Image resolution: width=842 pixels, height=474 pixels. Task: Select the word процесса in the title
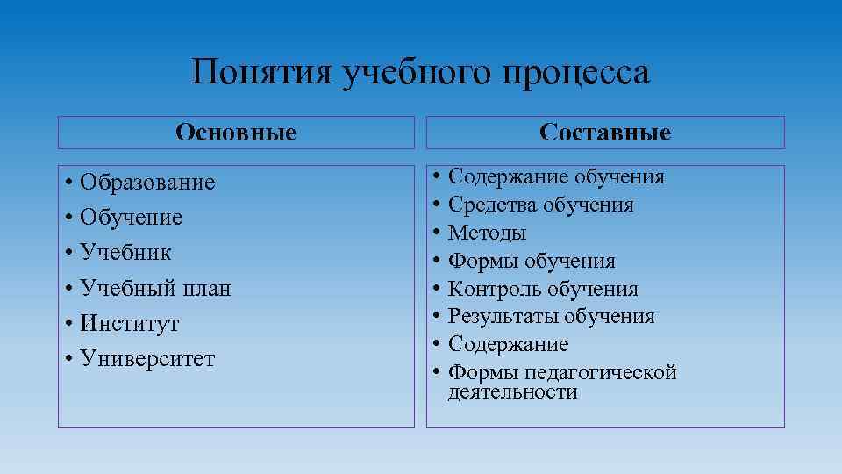tap(576, 72)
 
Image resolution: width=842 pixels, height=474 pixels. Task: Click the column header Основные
tap(236, 133)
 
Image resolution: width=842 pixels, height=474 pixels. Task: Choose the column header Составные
tap(605, 133)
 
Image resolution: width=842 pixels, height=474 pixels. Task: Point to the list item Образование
tap(146, 182)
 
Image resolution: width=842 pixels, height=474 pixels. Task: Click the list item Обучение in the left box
tap(131, 217)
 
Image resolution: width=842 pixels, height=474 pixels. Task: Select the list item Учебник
tap(125, 253)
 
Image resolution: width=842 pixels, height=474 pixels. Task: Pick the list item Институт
tap(129, 323)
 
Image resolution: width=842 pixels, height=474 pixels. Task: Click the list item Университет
tap(146, 359)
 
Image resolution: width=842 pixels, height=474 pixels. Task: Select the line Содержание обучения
tap(556, 176)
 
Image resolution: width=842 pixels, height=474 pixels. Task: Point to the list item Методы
tap(487, 233)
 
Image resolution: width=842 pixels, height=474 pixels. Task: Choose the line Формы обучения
tap(532, 261)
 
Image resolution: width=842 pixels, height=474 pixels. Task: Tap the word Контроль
tap(495, 289)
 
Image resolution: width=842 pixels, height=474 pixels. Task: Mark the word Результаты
tap(503, 316)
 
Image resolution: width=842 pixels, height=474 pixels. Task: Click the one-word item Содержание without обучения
tap(508, 344)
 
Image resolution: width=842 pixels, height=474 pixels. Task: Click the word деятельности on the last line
tap(512, 391)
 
